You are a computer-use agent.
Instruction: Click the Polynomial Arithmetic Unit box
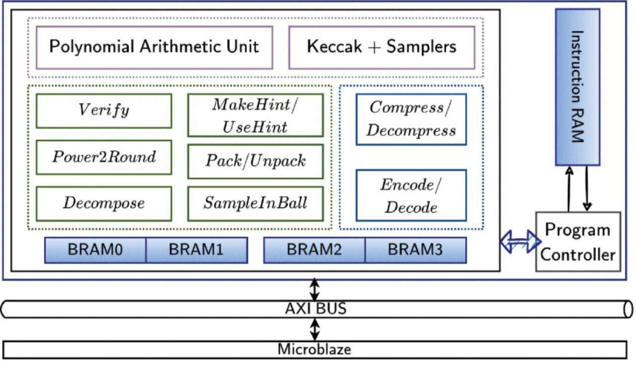[x=154, y=47]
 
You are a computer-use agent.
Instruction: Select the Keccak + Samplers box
[x=381, y=47]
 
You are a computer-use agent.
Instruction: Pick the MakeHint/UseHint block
[x=255, y=115]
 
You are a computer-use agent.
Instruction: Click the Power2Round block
[x=104, y=157]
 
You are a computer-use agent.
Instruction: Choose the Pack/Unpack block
[x=255, y=161]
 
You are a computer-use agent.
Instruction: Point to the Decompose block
[x=104, y=203]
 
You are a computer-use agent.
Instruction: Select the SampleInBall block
[x=255, y=203]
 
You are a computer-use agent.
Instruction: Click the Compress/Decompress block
[x=411, y=119]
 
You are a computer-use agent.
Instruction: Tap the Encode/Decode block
[x=411, y=195]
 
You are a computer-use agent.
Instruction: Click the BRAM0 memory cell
[x=95, y=250]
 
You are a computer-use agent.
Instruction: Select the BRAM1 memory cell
[x=196, y=250]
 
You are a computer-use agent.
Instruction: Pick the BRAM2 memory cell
[x=314, y=250]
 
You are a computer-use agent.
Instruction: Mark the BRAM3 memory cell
[x=415, y=250]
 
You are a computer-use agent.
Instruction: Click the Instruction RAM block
[x=577, y=87]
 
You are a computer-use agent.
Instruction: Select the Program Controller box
[x=578, y=242]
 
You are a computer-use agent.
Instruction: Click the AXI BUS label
[x=315, y=309]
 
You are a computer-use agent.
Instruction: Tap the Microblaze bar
[x=314, y=349]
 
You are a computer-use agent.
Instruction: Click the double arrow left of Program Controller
[x=520, y=242]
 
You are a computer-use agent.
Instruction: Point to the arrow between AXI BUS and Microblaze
[x=315, y=329]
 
